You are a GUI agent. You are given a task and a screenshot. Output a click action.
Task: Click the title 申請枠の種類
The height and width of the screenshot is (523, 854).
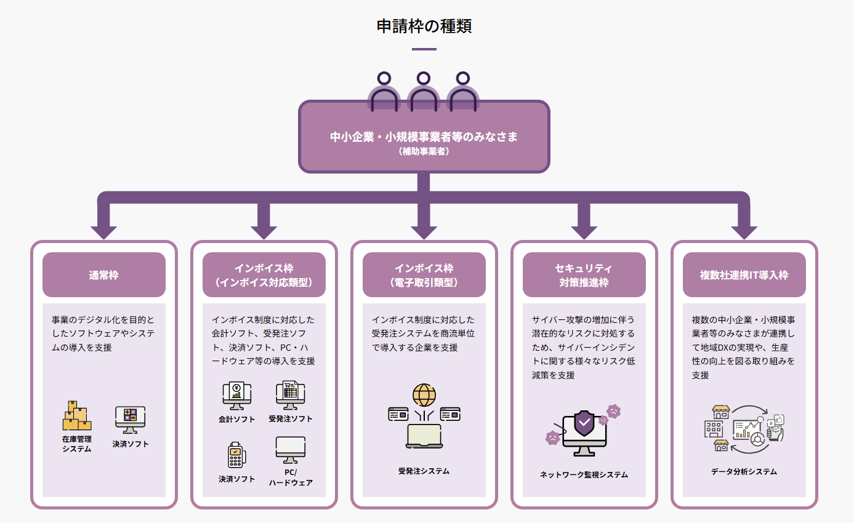point(424,26)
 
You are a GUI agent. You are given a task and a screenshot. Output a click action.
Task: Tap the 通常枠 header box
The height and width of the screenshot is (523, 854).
point(103,275)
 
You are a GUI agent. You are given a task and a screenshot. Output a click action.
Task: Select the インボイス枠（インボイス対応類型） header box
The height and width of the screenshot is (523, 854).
point(264,275)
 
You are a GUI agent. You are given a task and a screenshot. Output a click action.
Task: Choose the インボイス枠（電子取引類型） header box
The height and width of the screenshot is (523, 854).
point(424,275)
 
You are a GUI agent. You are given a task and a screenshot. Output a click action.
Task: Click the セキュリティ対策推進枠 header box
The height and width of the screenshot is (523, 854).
point(584,275)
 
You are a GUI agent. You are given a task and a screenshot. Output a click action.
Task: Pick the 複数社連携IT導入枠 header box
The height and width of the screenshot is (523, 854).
point(744,275)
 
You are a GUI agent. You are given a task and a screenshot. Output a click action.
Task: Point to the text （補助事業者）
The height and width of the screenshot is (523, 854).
point(424,151)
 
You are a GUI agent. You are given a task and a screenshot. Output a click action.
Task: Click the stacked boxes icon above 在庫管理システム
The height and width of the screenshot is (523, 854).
point(77,416)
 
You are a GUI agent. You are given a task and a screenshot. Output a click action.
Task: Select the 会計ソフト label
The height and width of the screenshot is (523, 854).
point(236,419)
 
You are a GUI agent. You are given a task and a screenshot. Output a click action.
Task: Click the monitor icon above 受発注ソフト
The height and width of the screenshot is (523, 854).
point(291,395)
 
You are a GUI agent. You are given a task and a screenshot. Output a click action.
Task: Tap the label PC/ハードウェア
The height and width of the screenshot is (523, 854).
point(291,477)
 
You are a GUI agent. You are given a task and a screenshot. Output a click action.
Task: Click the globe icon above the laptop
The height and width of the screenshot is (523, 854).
point(424,394)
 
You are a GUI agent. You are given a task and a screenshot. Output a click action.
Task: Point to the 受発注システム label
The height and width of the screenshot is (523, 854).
point(424,471)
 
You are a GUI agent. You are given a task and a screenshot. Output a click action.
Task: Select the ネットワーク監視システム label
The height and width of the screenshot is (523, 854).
point(584,474)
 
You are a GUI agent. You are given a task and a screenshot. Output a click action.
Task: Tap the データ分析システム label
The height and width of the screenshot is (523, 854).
point(744,472)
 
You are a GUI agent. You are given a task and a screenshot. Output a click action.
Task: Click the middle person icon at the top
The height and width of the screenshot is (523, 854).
point(423,92)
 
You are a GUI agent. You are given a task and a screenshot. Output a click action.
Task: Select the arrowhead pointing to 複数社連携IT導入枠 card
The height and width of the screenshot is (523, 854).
point(744,232)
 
